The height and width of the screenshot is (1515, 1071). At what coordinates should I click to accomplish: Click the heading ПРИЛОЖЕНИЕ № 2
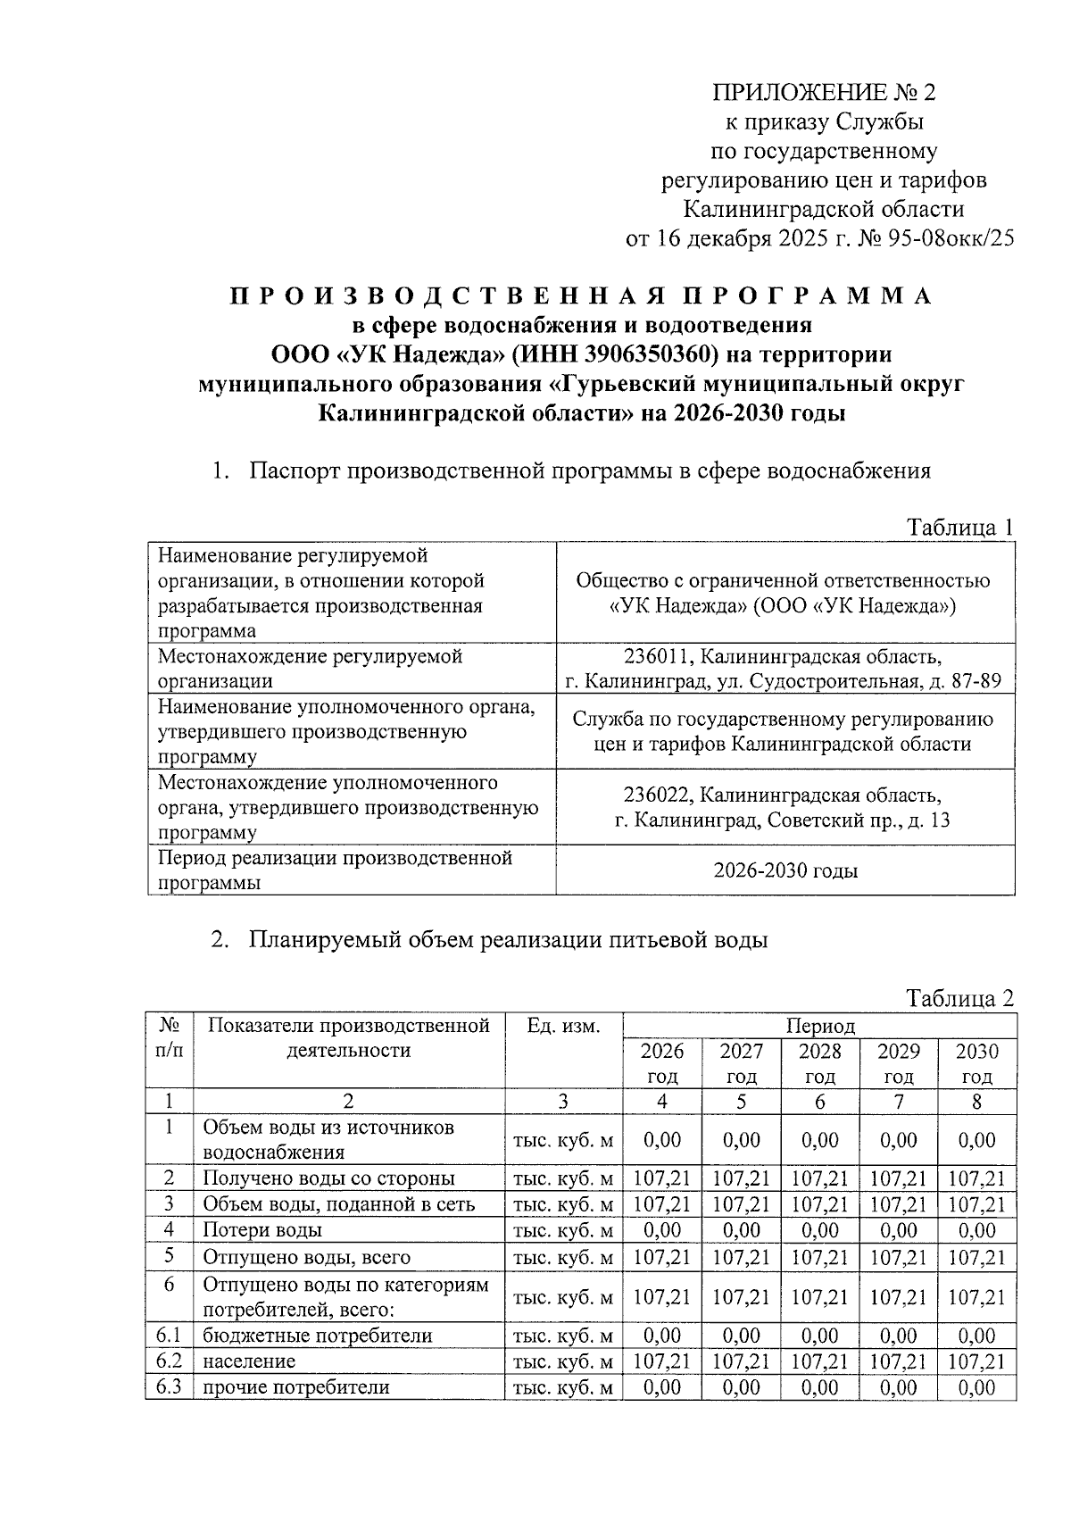pos(822,93)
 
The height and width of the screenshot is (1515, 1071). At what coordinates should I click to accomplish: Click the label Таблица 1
pos(959,527)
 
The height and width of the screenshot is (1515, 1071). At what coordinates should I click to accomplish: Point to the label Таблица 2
pos(959,998)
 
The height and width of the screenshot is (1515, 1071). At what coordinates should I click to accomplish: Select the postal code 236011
pos(657,657)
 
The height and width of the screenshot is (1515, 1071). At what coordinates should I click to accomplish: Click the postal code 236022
pos(657,795)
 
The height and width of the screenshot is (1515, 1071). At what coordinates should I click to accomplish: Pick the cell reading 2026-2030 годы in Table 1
pos(785,870)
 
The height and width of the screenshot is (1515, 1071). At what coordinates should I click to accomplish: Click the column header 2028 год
pos(819,1063)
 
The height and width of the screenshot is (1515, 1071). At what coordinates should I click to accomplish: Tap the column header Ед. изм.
pos(563,1026)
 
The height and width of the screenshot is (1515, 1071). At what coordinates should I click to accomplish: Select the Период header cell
pos(819,1026)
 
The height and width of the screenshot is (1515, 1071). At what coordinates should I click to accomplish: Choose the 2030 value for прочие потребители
pos(976,1387)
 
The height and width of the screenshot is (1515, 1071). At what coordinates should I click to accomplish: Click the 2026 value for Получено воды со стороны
pos(661,1178)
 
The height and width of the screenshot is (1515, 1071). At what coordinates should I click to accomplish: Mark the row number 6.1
pos(169,1336)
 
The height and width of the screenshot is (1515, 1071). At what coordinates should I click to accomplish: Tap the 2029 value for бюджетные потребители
pos(898,1336)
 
